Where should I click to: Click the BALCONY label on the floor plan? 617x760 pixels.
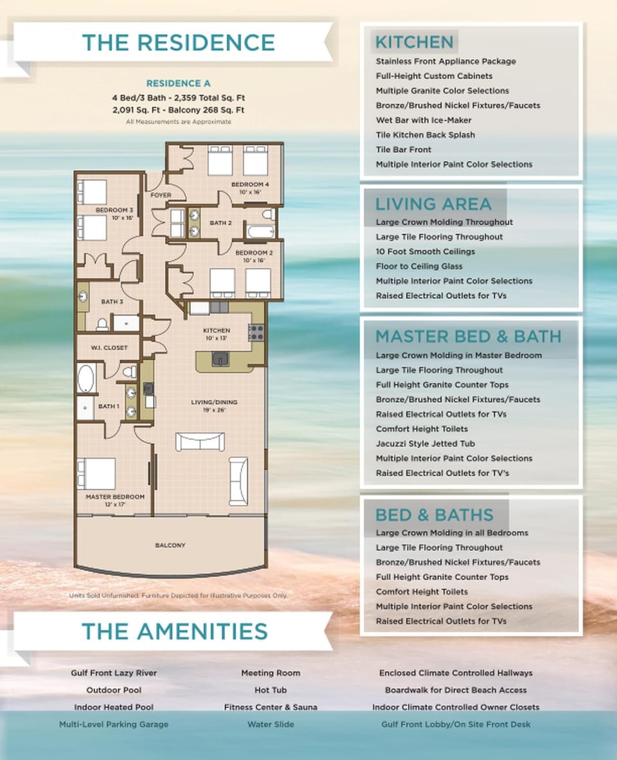pyautogui.click(x=170, y=545)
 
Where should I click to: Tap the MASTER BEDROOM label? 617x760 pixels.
pyautogui.click(x=115, y=497)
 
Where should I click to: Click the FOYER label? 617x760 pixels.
pyautogui.click(x=161, y=195)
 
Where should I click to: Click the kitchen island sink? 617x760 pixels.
pyautogui.click(x=220, y=358)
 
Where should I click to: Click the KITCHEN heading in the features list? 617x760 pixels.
pyautogui.click(x=415, y=42)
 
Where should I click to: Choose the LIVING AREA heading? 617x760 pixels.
pyautogui.click(x=433, y=204)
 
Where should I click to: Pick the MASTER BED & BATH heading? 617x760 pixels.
pyautogui.click(x=468, y=337)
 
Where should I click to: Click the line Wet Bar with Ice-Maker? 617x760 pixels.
pyautogui.click(x=424, y=120)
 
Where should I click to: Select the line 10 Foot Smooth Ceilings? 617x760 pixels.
pyautogui.click(x=425, y=252)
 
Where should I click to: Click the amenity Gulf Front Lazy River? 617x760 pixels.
pyautogui.click(x=114, y=673)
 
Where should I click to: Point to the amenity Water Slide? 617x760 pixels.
pyautogui.click(x=271, y=724)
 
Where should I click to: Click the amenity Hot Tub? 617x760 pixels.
pyautogui.click(x=271, y=690)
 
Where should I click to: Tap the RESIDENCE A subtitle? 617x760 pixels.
pyautogui.click(x=178, y=84)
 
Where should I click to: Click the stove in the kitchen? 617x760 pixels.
pyautogui.click(x=256, y=332)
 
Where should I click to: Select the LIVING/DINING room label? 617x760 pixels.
pyautogui.click(x=214, y=403)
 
